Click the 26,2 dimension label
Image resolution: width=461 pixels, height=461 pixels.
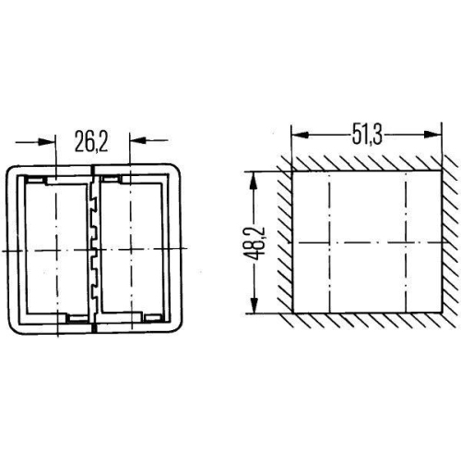pos(91,141)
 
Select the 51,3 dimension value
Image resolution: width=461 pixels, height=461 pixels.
pos(367,135)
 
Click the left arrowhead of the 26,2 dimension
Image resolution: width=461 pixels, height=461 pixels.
pos(47,142)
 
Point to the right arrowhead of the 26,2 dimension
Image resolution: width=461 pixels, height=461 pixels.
pos(138,140)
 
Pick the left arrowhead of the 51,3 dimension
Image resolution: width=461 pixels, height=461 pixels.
pos(300,135)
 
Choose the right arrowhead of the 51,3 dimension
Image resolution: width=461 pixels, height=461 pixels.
pos(432,135)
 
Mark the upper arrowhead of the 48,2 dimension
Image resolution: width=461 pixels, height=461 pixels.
pos(254,181)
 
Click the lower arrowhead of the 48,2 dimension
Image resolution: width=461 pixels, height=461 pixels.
pos(254,304)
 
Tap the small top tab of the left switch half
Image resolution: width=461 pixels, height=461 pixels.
pos(35,179)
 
